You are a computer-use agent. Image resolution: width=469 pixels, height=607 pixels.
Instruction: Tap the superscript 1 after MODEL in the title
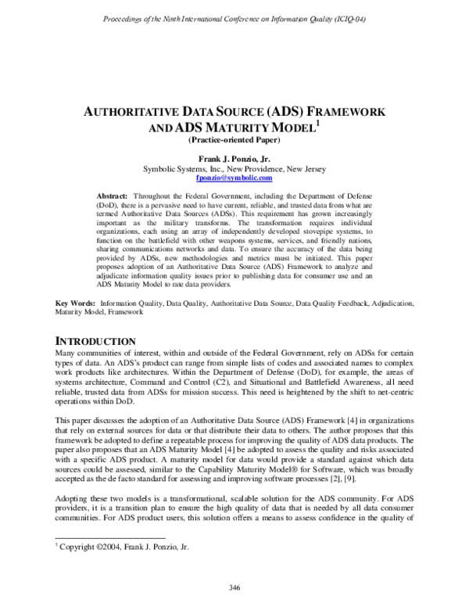point(314,124)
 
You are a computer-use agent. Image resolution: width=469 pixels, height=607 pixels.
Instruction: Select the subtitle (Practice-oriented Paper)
point(234,141)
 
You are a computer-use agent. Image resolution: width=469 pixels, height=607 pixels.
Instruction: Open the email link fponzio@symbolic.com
point(234,178)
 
